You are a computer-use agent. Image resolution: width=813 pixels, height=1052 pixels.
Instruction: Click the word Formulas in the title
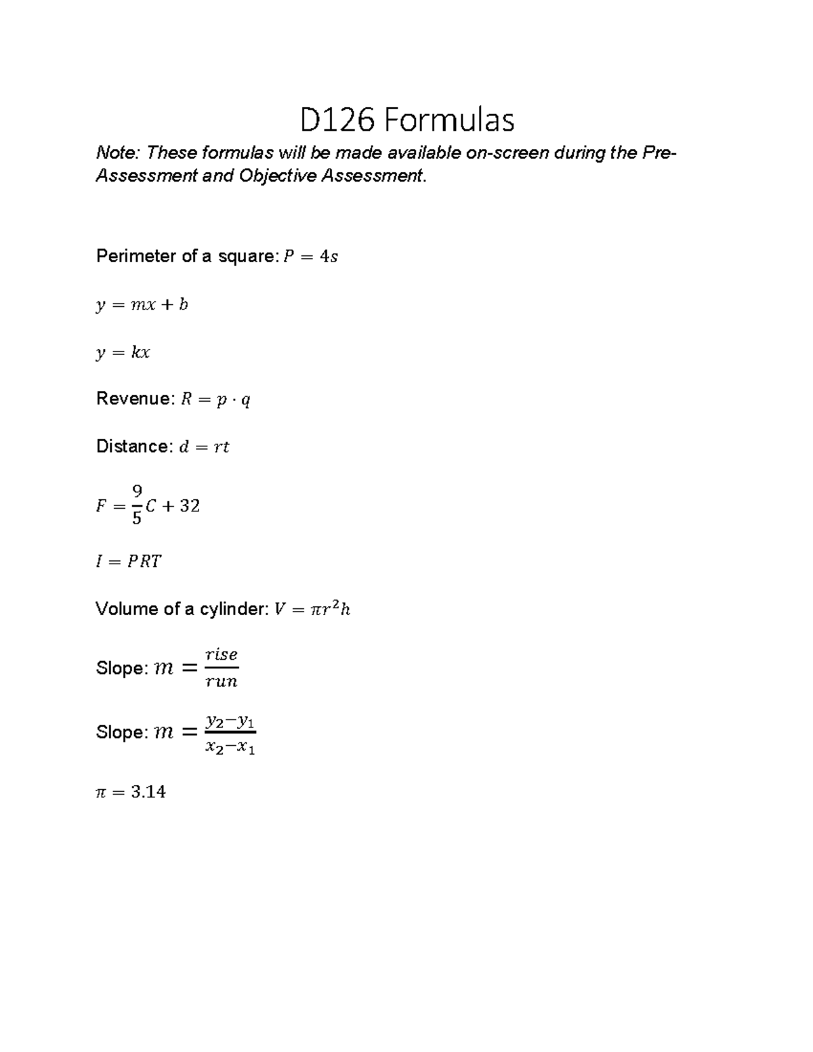tap(449, 121)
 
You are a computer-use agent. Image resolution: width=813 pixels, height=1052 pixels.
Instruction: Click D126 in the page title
tap(337, 121)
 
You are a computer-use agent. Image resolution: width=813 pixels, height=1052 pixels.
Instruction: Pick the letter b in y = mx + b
tap(183, 305)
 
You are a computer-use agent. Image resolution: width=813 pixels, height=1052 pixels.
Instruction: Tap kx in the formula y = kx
tap(141, 352)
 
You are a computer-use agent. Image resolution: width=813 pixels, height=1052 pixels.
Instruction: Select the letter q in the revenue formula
tap(245, 400)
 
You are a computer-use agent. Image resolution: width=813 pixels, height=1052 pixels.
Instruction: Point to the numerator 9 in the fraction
tap(137, 490)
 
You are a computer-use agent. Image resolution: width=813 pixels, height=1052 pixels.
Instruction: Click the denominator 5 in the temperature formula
tap(137, 518)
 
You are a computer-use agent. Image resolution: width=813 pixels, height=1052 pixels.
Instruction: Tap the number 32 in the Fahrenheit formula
tap(190, 506)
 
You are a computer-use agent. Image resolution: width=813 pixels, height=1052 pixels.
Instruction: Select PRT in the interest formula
tap(144, 562)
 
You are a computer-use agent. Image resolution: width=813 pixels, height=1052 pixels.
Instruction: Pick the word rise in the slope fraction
tap(222, 654)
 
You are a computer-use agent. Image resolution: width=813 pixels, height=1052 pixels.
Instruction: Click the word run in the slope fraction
tap(222, 681)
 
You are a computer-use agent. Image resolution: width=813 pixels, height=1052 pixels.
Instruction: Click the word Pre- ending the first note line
tap(659, 153)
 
